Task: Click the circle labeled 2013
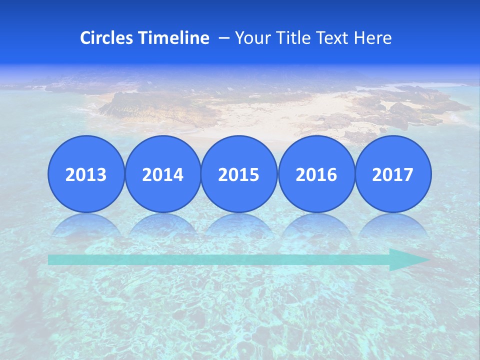(86, 174)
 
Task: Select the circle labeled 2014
(162, 174)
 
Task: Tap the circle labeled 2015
(239, 174)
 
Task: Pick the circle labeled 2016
(316, 174)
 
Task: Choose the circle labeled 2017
(392, 174)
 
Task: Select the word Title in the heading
(291, 38)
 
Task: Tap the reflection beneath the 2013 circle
(86, 225)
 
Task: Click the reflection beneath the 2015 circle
(239, 225)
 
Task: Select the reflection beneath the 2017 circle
(392, 225)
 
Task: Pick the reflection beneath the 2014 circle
(162, 225)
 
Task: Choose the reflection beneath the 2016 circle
(316, 225)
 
